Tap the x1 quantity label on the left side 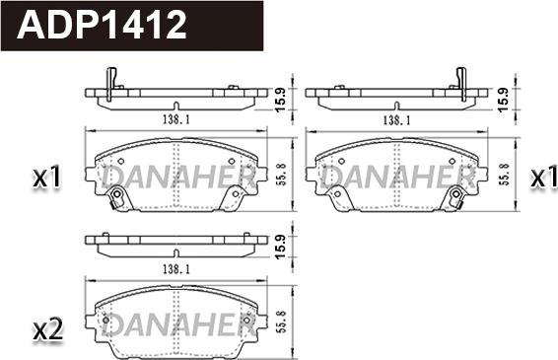coord(46,179)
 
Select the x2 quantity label coord(46,329)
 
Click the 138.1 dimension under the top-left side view coord(174,119)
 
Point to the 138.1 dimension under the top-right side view coord(396,119)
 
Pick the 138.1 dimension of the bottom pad coord(174,268)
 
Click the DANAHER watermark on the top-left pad coord(177,178)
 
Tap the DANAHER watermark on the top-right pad coord(397,178)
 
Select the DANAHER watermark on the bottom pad coord(177,325)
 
